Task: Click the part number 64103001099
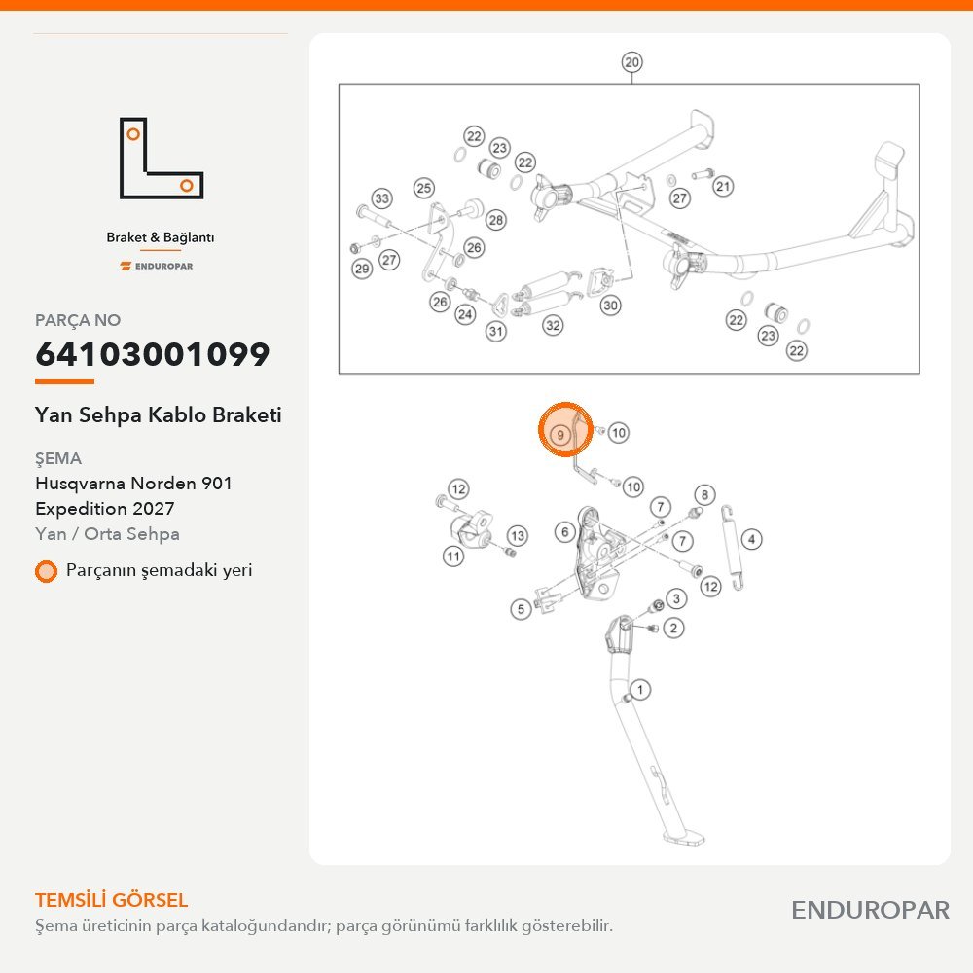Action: click(153, 354)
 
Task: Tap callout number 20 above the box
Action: click(631, 62)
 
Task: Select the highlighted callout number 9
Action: click(559, 434)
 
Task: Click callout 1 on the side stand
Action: click(640, 690)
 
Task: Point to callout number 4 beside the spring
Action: click(751, 539)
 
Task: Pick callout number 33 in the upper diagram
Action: click(381, 198)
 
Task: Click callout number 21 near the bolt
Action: click(723, 186)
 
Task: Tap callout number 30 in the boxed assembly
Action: click(611, 305)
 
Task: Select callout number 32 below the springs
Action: click(553, 325)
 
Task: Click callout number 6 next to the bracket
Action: click(564, 532)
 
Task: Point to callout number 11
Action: click(453, 556)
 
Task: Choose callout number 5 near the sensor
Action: click(521, 609)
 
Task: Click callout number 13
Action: click(518, 535)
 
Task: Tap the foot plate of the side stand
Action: click(684, 838)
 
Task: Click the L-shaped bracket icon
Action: click(162, 159)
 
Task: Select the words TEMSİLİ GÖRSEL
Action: click(111, 900)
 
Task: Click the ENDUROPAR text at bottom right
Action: click(870, 911)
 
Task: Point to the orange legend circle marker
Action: click(46, 571)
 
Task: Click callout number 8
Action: click(704, 494)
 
